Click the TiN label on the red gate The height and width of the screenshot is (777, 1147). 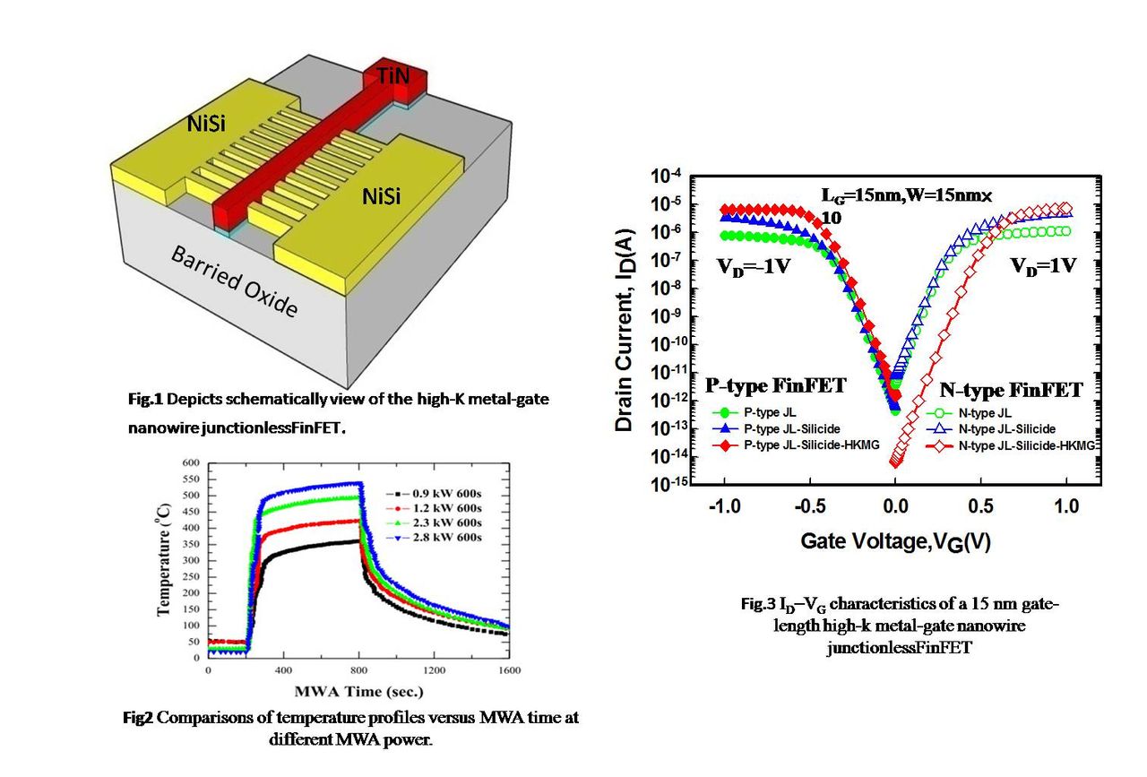coord(392,77)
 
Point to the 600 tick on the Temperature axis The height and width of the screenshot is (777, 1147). coord(192,463)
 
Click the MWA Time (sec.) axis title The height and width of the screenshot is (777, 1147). coord(358,691)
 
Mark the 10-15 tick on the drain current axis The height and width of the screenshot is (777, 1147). coord(668,485)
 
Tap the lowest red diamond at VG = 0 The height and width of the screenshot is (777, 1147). coord(895,462)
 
